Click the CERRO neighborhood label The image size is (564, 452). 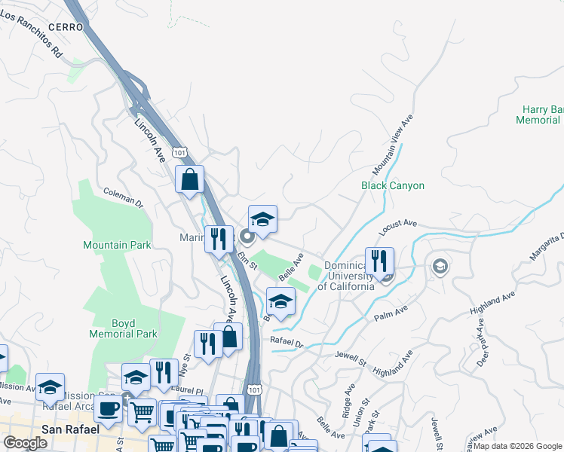(x=64, y=26)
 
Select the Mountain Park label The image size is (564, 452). (x=117, y=245)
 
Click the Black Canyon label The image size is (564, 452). (x=392, y=185)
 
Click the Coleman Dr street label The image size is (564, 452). (x=123, y=197)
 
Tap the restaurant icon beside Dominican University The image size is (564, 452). (x=380, y=261)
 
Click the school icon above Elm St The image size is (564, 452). (x=262, y=218)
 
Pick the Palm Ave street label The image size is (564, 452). (x=391, y=313)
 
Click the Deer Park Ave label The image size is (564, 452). (x=483, y=348)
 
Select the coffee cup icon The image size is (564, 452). (x=108, y=409)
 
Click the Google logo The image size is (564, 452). (x=25, y=443)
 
